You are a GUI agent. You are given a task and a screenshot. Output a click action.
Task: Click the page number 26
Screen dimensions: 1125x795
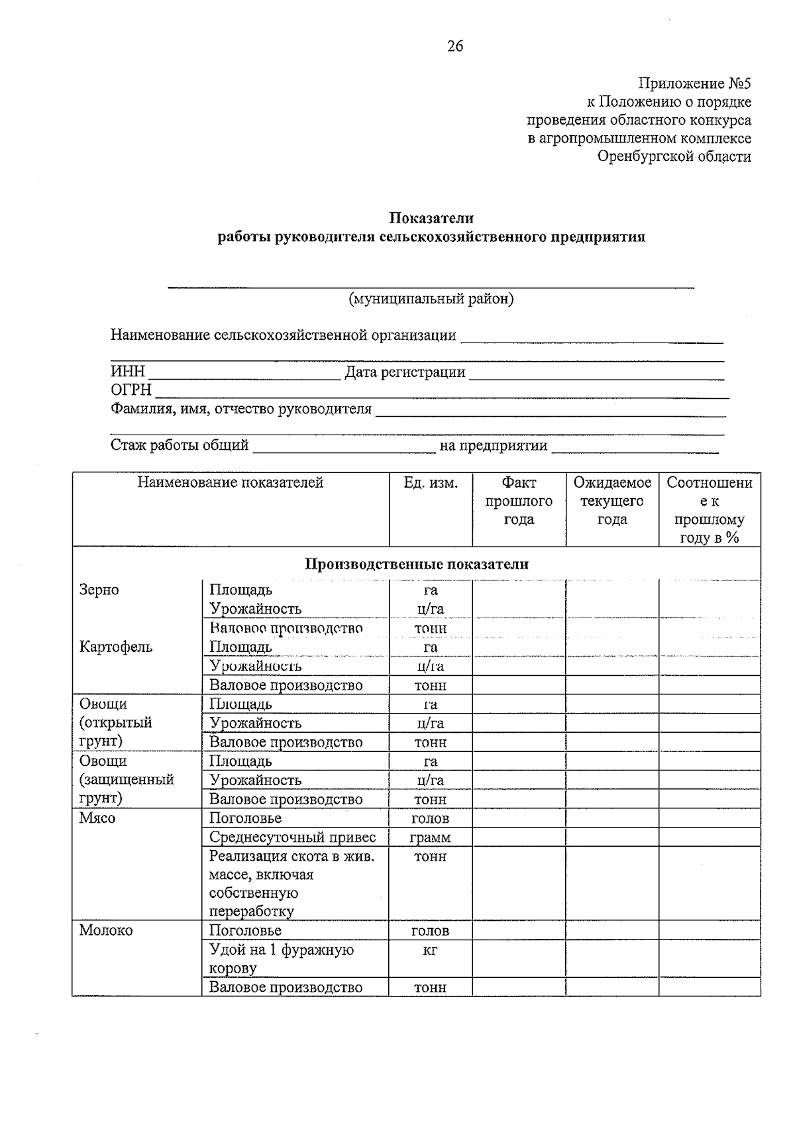455,46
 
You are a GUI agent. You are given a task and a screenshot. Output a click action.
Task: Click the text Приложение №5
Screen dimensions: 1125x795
694,83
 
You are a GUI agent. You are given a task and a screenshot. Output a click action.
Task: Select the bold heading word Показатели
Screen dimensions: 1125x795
431,218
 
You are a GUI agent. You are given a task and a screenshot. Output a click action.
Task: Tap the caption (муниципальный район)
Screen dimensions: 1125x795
431,299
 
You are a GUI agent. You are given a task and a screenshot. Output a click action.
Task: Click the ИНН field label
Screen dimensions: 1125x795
127,372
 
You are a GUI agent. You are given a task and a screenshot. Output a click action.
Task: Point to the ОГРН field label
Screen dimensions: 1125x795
131,390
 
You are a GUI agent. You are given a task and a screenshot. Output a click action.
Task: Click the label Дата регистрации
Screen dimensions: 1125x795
405,372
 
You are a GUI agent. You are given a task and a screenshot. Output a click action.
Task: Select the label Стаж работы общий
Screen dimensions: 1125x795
180,445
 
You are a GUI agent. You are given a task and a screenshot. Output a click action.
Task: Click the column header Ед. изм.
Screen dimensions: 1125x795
431,482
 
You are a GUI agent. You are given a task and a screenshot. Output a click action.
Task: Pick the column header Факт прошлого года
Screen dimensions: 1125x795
519,501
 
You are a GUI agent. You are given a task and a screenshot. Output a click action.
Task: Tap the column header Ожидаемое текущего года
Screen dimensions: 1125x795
612,501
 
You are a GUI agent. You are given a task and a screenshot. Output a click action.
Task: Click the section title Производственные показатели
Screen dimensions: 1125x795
416,564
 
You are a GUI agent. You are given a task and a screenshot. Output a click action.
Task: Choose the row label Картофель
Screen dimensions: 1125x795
115,647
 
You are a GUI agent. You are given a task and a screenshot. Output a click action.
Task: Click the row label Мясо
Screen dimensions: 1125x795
97,818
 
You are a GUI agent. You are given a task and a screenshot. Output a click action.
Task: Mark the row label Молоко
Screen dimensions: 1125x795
106,930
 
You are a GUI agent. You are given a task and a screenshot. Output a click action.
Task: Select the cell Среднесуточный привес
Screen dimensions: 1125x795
292,837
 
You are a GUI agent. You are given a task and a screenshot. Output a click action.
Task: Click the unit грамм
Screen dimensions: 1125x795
430,837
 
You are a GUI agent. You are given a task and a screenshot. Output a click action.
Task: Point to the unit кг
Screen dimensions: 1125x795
430,950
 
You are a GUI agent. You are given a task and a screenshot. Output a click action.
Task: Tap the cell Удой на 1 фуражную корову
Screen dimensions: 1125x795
281,959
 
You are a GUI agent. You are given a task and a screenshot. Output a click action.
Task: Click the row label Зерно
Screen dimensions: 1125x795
99,590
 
